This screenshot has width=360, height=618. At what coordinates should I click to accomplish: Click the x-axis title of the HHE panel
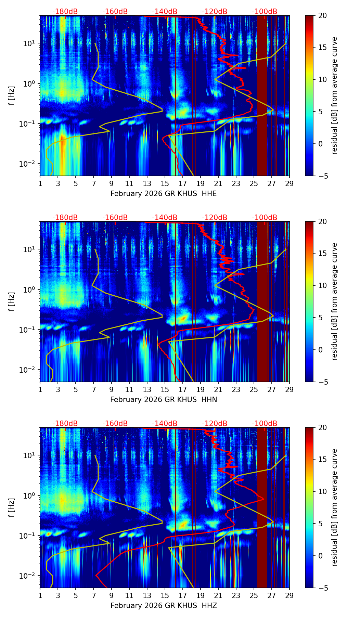click(164, 194)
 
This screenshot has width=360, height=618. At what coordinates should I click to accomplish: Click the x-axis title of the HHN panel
click(164, 400)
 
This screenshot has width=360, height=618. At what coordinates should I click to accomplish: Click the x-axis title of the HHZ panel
click(164, 606)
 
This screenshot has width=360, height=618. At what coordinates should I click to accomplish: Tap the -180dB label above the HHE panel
click(65, 12)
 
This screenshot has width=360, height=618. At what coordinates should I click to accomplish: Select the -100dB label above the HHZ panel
click(265, 424)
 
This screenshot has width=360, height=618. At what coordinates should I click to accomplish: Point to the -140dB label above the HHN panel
click(165, 218)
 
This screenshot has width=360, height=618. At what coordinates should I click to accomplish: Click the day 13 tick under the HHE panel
click(147, 183)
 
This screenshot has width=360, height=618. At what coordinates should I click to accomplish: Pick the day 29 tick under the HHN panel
click(290, 389)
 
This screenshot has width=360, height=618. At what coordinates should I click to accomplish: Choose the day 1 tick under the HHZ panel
click(40, 595)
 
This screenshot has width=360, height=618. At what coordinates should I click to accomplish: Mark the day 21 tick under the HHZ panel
click(218, 595)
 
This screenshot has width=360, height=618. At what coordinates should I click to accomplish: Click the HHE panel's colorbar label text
click(335, 95)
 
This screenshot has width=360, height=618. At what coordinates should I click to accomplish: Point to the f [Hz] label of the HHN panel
click(12, 301)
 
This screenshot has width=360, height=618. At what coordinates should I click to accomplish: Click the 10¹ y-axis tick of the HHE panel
click(28, 43)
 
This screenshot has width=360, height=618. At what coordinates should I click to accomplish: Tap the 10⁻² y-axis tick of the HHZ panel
click(28, 576)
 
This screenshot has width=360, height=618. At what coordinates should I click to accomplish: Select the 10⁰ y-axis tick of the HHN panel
click(28, 289)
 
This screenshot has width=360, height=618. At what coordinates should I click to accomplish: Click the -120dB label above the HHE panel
click(215, 12)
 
